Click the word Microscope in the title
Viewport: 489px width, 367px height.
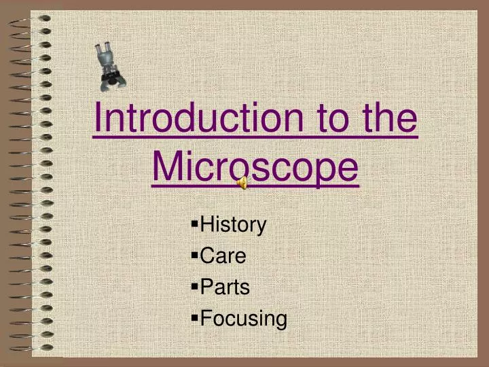(255, 166)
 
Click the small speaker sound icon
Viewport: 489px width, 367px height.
(242, 181)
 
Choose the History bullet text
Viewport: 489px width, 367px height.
(234, 225)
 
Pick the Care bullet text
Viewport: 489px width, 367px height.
(223, 256)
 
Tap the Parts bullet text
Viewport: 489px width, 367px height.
(225, 287)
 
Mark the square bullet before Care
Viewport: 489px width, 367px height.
(196, 254)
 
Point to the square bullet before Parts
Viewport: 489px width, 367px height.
(196, 285)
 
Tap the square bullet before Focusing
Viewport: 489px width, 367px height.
(196, 316)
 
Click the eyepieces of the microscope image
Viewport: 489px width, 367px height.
(103, 50)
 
